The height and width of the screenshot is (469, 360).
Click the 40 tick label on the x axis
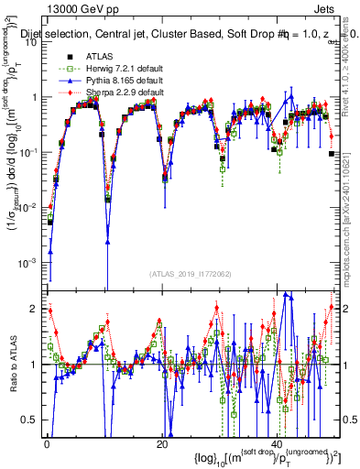(x=278, y=442)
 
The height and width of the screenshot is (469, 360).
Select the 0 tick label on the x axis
(x=47, y=442)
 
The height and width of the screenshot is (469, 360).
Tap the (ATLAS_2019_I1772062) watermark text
(x=191, y=274)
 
